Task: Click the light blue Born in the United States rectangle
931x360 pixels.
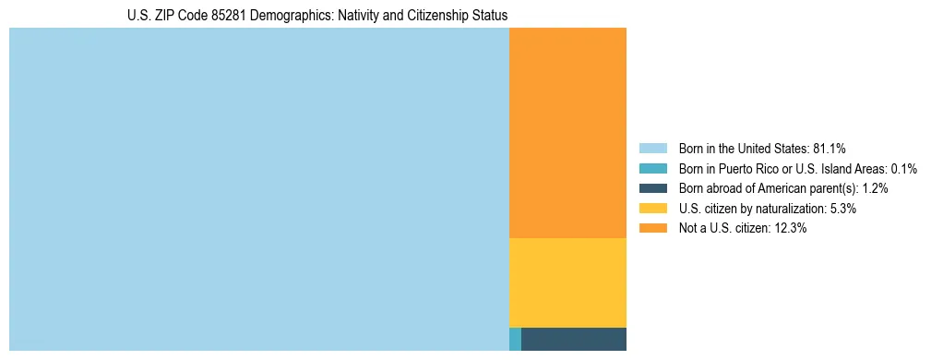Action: (258, 189)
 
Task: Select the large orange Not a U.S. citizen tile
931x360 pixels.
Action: (567, 133)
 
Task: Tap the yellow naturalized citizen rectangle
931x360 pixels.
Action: (567, 282)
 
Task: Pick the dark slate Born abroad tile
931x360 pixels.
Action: (573, 339)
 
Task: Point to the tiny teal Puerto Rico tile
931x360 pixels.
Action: (515, 339)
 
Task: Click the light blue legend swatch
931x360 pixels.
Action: (652, 149)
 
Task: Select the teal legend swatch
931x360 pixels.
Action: (652, 169)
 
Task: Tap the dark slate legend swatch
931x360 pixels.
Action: (652, 188)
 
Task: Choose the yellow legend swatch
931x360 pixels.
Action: (652, 209)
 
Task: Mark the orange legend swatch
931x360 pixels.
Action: (652, 229)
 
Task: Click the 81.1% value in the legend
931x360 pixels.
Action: (830, 149)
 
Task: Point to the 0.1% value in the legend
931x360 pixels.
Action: (903, 169)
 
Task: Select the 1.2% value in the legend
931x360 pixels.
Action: (876, 188)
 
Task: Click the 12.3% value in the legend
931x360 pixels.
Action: (791, 229)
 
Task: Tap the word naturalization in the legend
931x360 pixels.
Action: (794, 209)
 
